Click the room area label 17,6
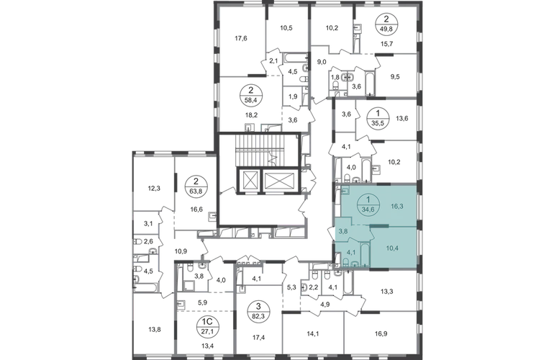click(240, 38)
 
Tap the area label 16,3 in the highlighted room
click(397, 206)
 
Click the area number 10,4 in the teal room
click(392, 248)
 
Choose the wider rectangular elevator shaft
click(279, 180)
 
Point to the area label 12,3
click(154, 189)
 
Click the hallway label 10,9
click(181, 251)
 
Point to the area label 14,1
click(313, 333)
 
